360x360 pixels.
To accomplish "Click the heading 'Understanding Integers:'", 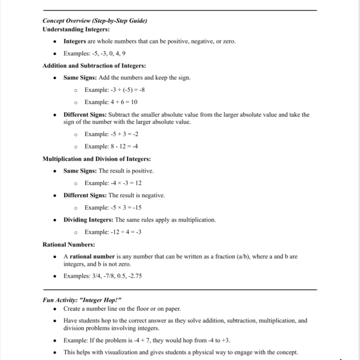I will (76, 29).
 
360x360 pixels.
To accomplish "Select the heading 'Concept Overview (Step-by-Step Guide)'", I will (95, 21).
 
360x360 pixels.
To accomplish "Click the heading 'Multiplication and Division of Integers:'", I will (97, 159).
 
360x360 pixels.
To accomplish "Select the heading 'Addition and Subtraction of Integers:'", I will (94, 65).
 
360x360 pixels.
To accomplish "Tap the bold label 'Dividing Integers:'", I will (88, 219).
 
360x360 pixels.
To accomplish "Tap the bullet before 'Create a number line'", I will (54, 309).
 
